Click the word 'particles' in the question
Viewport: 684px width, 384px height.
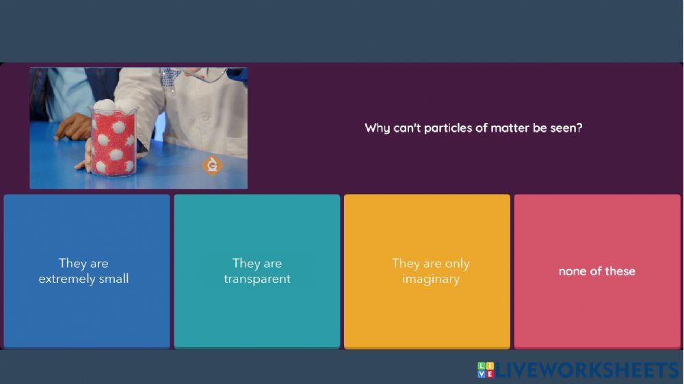(449, 128)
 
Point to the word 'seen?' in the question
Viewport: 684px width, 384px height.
(566, 128)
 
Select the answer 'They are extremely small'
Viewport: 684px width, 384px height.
(86, 271)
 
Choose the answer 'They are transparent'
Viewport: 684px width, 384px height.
(256, 271)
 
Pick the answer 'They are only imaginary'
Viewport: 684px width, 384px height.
(427, 271)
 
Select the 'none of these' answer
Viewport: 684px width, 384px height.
(597, 271)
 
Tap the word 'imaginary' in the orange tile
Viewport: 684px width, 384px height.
(431, 279)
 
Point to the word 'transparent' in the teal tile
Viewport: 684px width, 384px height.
(257, 279)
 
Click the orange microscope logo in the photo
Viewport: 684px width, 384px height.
(213, 165)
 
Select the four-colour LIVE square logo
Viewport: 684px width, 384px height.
(485, 370)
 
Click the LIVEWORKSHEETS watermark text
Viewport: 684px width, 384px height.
(587, 370)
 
